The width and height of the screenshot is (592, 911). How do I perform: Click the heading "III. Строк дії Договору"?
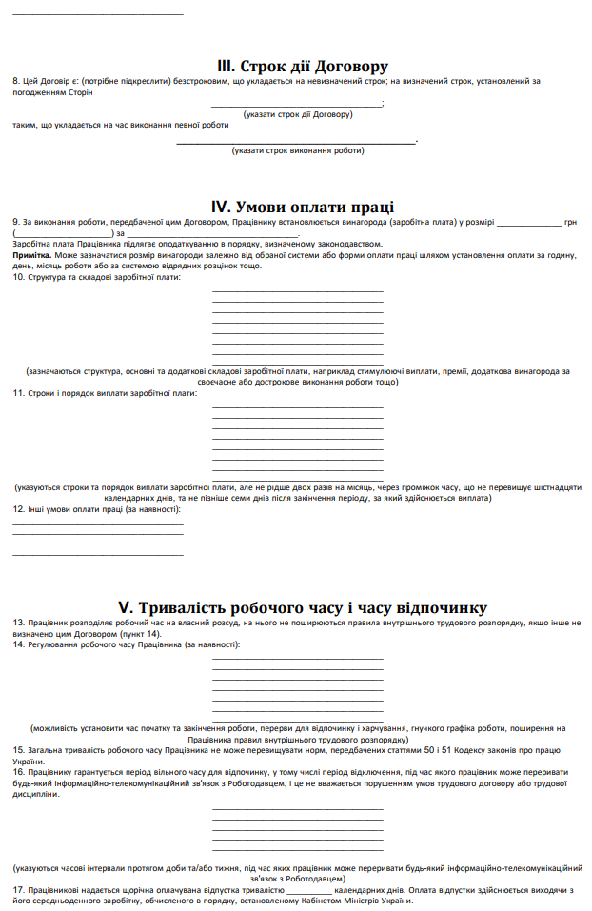click(302, 67)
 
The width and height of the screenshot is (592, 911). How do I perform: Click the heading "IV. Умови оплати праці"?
click(302, 208)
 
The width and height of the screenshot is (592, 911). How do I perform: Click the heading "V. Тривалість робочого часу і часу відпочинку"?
click(302, 607)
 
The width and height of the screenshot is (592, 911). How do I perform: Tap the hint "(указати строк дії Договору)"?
click(297, 114)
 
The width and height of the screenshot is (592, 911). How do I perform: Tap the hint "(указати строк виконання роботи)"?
click(297, 150)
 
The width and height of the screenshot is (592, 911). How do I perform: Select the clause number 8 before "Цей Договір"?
click(15, 82)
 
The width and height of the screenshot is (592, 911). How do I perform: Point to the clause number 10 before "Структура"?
click(18, 277)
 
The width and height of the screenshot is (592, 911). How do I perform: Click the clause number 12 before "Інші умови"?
click(18, 509)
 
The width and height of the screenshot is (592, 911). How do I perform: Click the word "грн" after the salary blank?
click(571, 222)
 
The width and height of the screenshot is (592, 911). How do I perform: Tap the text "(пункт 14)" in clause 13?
click(141, 633)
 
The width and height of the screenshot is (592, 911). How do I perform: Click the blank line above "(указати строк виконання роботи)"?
click(297, 143)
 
